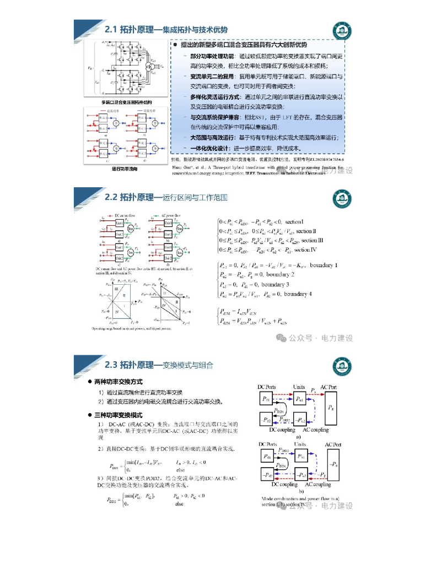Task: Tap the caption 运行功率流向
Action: (124, 169)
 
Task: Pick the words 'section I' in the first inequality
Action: (298, 221)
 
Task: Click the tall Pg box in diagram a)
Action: (330, 408)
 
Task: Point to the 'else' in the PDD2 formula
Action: (179, 503)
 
